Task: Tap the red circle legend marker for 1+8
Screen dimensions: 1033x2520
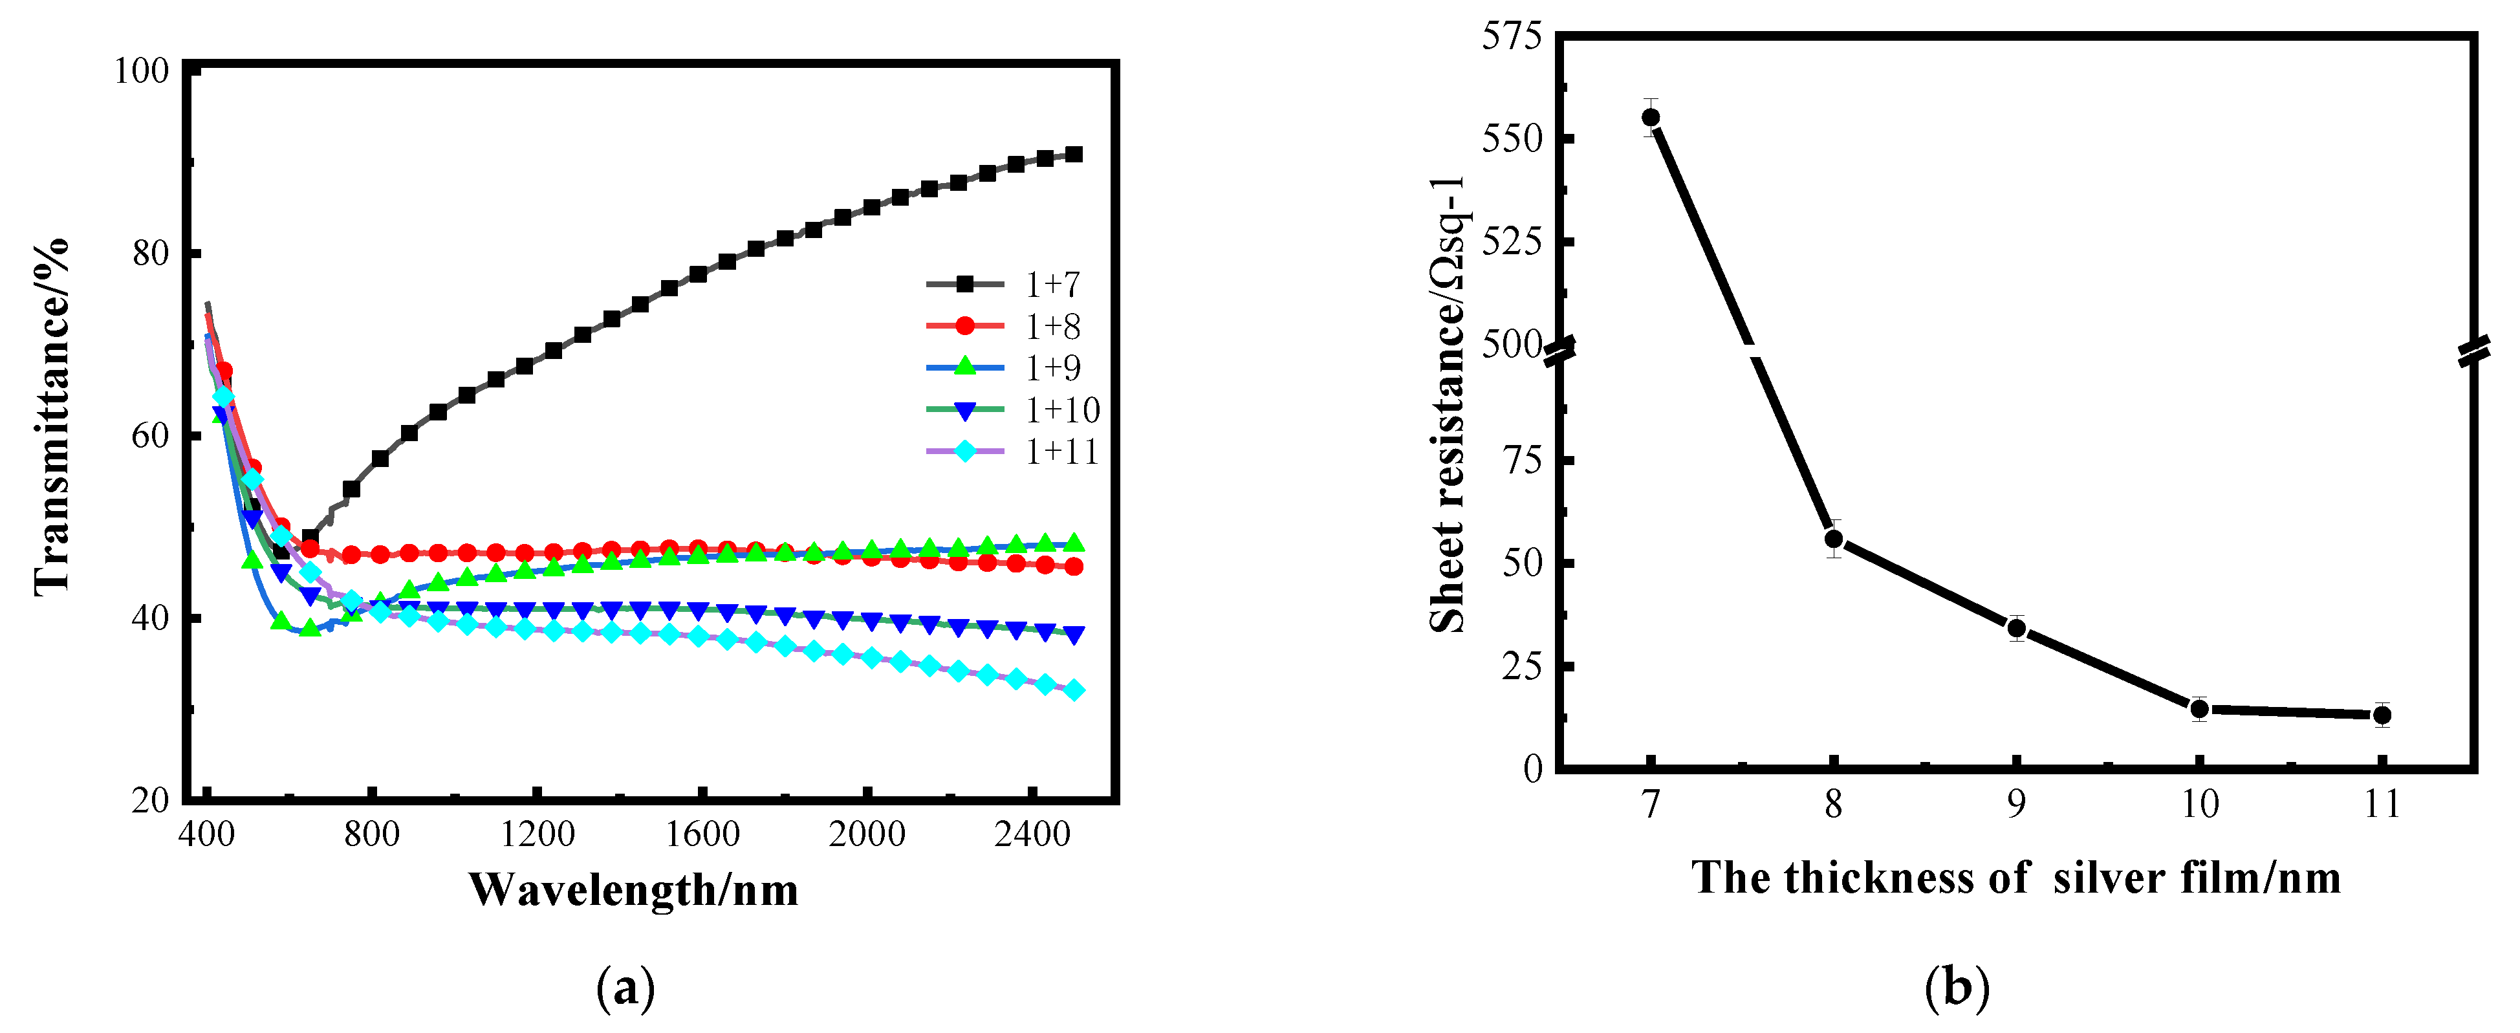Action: pyautogui.click(x=964, y=326)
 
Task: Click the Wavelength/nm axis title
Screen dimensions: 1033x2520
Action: pyautogui.click(x=633, y=890)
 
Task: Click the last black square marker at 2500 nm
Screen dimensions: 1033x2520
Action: pyautogui.click(x=1073, y=155)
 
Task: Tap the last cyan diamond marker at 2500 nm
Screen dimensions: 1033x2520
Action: pyautogui.click(x=1073, y=691)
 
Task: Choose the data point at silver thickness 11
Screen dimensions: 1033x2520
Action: pyautogui.click(x=2382, y=715)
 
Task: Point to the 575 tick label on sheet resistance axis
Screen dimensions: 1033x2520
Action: pyautogui.click(x=1512, y=36)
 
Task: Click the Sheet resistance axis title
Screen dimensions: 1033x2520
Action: pyautogui.click(x=1449, y=406)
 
